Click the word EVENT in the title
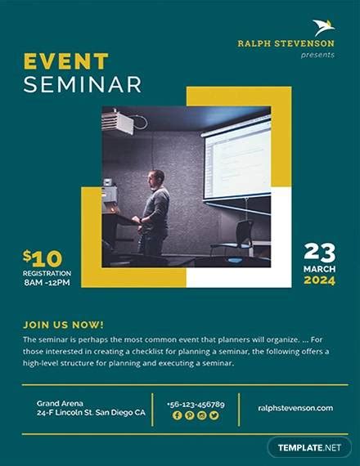tap(65, 62)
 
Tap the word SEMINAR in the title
tap(82, 84)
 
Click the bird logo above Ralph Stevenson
tap(323, 27)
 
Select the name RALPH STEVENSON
tap(286, 43)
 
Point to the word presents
tap(317, 55)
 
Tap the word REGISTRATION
tap(47, 273)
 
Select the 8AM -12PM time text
tap(47, 283)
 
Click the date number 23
tap(320, 252)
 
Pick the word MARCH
tap(319, 268)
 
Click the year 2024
tap(319, 280)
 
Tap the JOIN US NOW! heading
tap(64, 324)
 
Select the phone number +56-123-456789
tap(196, 404)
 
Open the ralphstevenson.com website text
tap(295, 408)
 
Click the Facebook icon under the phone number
tap(177, 415)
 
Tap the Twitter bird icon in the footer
tap(214, 415)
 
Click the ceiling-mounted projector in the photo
tap(119, 123)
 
